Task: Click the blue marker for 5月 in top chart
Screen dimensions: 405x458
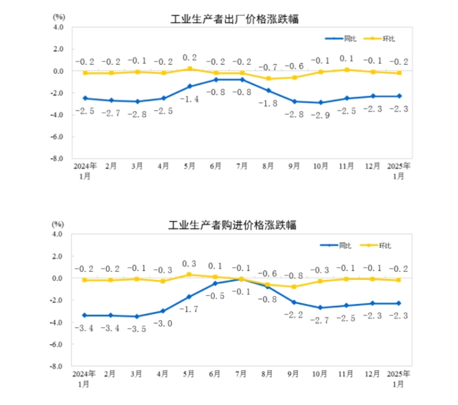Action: tap(189, 86)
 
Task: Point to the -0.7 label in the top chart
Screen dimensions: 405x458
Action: tap(269, 67)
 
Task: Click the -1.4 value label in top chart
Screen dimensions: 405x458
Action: tap(189, 99)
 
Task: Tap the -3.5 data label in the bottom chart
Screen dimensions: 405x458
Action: tap(137, 329)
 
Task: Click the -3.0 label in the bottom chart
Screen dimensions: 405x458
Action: tap(164, 323)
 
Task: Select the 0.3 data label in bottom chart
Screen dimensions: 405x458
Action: tap(189, 263)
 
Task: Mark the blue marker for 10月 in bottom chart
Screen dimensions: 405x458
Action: tap(321, 307)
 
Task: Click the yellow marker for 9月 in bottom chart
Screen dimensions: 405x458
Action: tap(295, 287)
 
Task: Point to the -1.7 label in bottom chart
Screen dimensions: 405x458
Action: tap(189, 309)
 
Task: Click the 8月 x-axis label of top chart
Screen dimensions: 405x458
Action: tap(269, 165)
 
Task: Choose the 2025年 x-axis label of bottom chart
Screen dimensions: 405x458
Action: tap(399, 373)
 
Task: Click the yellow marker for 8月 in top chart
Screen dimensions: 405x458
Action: tap(269, 78)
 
